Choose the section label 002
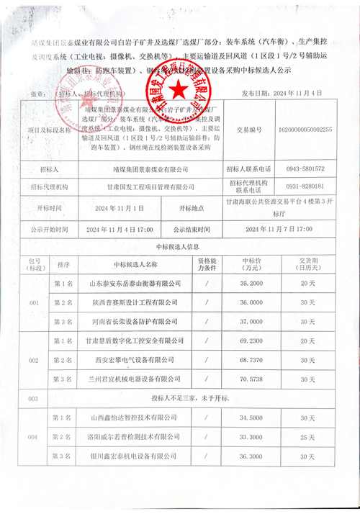(x=32, y=359)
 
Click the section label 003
(x=32, y=397)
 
